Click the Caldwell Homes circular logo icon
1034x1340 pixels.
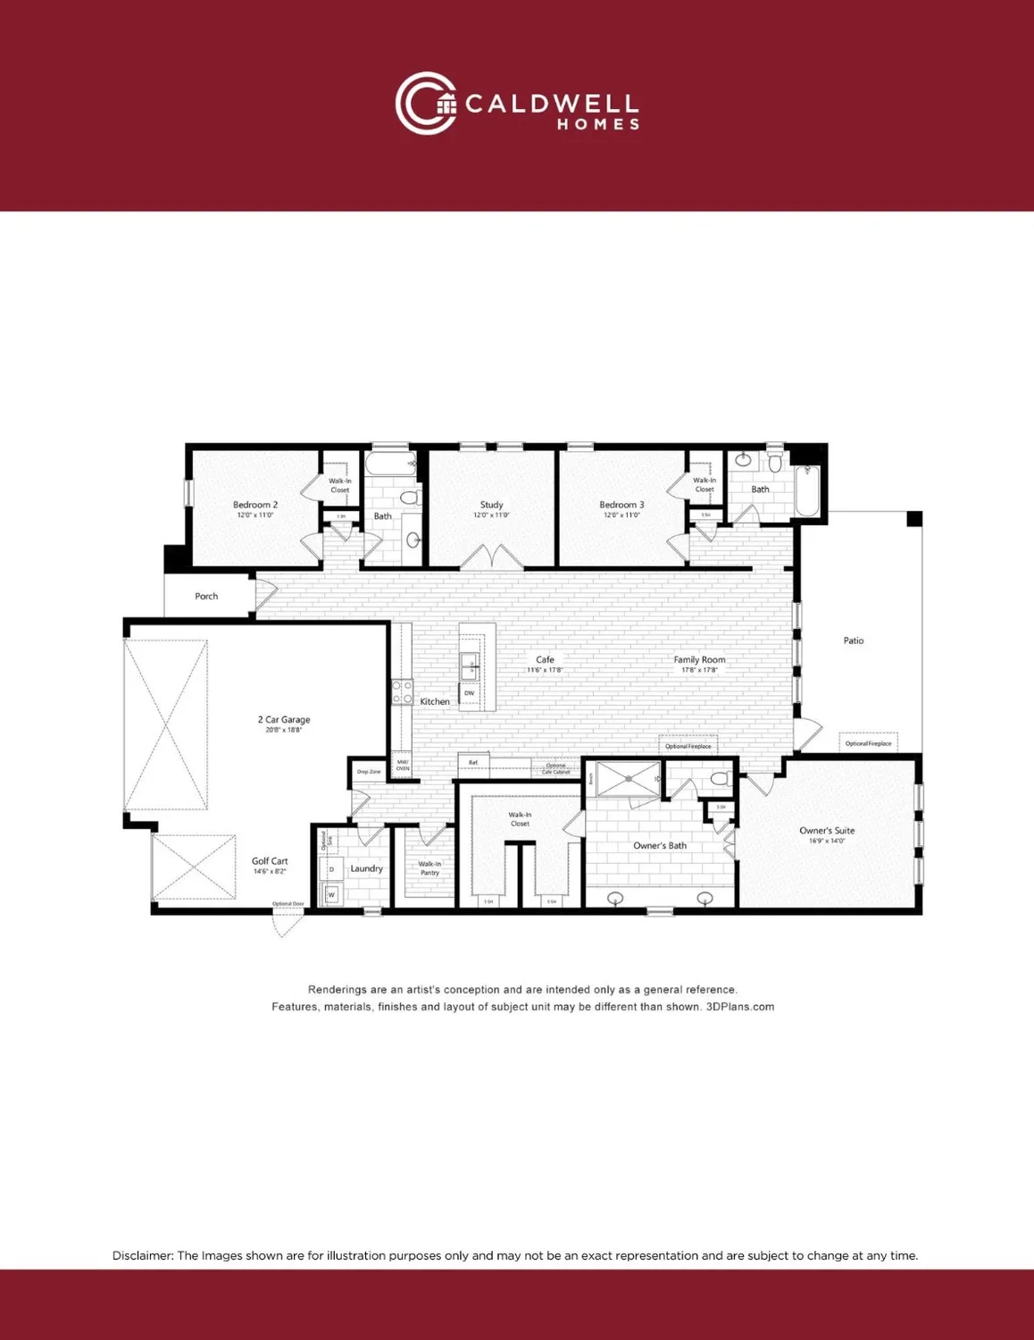426,104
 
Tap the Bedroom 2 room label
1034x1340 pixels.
255,505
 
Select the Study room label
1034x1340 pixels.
491,505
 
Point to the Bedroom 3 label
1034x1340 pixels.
621,505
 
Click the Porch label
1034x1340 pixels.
206,596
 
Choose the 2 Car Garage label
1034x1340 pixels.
284,719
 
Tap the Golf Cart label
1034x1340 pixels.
270,861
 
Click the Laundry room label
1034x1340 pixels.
366,868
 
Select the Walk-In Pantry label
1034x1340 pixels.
429,867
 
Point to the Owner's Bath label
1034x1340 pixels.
660,845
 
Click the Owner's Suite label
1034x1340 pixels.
827,831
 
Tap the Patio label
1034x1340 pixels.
854,641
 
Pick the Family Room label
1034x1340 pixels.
699,659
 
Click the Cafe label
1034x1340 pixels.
545,659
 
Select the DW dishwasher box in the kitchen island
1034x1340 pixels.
470,693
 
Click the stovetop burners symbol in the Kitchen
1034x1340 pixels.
402,692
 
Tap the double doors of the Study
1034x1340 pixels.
491,559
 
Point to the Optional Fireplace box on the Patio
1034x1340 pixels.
868,743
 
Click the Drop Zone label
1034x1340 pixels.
369,771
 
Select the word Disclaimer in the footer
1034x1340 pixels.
142,1255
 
